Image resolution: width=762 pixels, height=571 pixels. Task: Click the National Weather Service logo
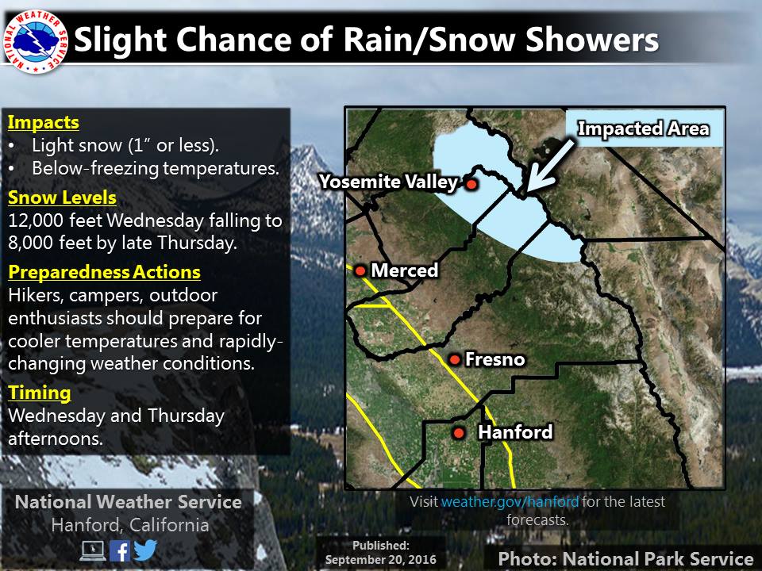[35, 40]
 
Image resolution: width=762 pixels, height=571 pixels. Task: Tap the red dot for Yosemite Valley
[471, 183]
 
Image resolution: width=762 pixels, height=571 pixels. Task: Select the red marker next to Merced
[360, 270]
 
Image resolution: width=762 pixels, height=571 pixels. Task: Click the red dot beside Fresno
[454, 360]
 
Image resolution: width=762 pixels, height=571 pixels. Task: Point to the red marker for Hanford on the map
[459, 432]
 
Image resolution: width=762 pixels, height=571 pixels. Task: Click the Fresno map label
[495, 359]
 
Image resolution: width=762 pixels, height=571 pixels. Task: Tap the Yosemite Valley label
[388, 182]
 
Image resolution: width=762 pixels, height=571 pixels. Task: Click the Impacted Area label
[643, 128]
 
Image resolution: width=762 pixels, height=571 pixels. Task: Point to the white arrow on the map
[549, 166]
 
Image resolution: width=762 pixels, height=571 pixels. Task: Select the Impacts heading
[43, 122]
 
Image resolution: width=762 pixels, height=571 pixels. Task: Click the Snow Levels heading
[62, 197]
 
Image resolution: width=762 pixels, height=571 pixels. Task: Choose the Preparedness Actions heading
[105, 272]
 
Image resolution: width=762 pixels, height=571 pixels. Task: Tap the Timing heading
[40, 393]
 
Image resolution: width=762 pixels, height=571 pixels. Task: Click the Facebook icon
[120, 551]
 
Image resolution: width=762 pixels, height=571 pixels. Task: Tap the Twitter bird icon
[145, 550]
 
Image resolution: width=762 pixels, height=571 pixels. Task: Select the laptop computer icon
[93, 551]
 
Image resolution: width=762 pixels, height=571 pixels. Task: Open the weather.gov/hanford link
[510, 501]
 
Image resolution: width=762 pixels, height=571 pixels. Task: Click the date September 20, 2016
[380, 559]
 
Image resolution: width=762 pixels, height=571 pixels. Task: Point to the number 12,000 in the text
[36, 220]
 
